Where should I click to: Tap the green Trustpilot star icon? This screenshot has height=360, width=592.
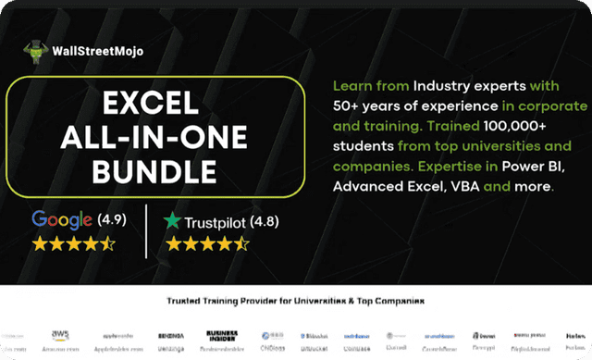point(172,221)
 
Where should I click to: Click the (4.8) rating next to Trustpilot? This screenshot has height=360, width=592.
point(260,221)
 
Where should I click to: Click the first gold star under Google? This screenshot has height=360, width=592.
point(40,244)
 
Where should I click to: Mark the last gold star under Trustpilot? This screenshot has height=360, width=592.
point(241,244)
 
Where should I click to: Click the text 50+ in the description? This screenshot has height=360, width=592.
point(346,106)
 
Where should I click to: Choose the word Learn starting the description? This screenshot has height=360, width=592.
point(351,86)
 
